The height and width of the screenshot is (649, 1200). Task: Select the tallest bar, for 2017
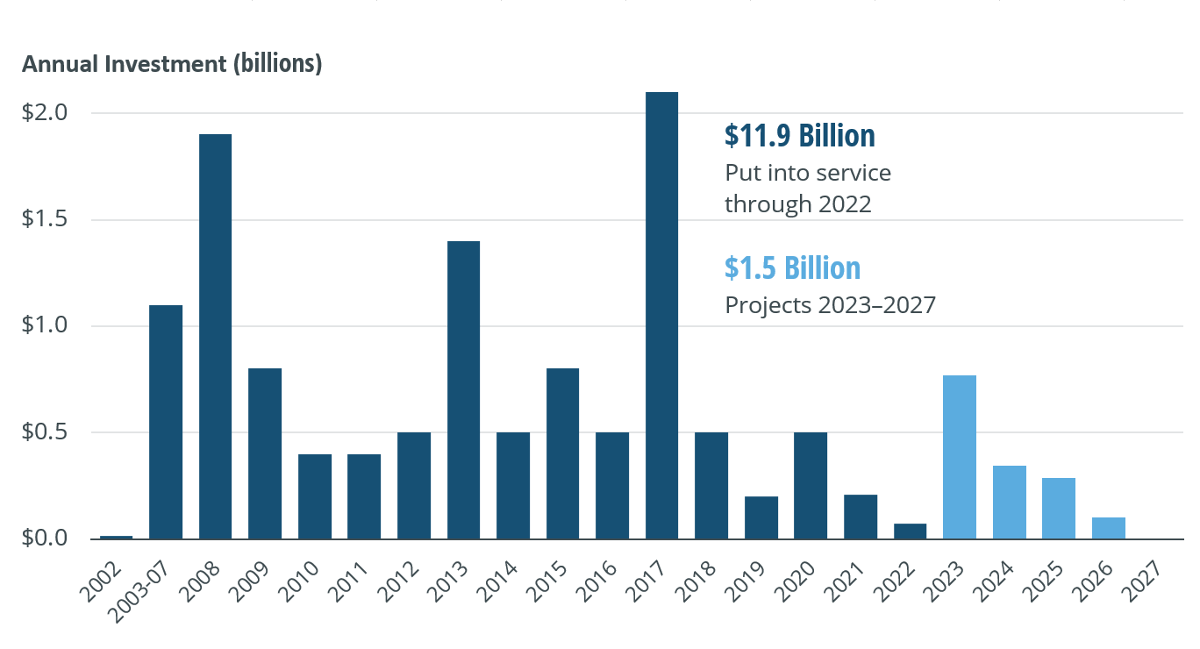tap(661, 316)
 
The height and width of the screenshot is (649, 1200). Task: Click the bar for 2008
tap(215, 337)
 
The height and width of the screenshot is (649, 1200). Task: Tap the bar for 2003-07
tap(166, 422)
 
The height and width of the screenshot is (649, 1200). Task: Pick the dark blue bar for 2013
tap(463, 390)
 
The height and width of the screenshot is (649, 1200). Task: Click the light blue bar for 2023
tap(960, 457)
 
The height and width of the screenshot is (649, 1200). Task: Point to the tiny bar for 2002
tap(116, 537)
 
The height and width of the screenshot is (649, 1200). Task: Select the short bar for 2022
tap(910, 531)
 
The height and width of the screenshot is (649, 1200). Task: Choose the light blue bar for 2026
tap(1109, 528)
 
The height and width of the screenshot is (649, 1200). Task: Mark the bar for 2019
tap(761, 517)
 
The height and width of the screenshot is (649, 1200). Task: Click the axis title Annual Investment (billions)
tap(172, 65)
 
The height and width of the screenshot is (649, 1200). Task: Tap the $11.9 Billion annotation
tap(799, 136)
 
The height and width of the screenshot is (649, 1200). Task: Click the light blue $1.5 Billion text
tap(792, 267)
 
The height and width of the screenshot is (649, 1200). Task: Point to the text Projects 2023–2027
tap(830, 305)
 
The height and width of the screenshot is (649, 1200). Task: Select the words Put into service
tap(807, 173)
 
